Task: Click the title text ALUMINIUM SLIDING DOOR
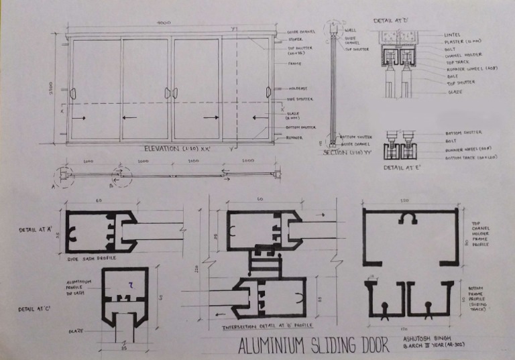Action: pyautogui.click(x=314, y=346)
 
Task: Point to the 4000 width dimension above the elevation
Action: pyautogui.click(x=164, y=23)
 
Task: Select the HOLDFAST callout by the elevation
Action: pyautogui.click(x=298, y=88)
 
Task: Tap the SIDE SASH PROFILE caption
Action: pyautogui.click(x=91, y=257)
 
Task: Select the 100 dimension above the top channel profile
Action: pyautogui.click(x=405, y=200)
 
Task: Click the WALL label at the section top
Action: pyautogui.click(x=349, y=31)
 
